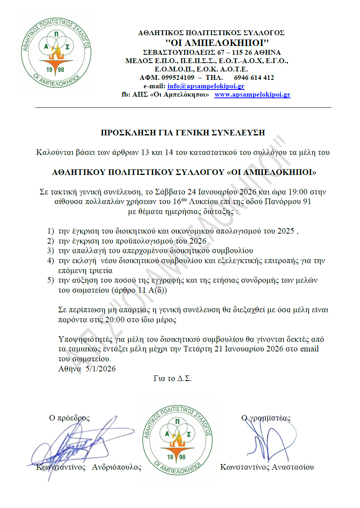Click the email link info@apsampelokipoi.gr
tap(206, 86)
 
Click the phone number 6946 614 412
tap(254, 77)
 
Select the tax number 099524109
tap(178, 77)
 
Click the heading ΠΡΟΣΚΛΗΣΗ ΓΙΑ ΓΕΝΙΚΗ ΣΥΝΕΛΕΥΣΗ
tap(183, 133)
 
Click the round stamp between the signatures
tap(178, 440)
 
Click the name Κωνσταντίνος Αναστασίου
tap(267, 467)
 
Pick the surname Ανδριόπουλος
tap(117, 467)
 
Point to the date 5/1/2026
tap(101, 369)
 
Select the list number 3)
tap(50, 251)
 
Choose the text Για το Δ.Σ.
tap(172, 378)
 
